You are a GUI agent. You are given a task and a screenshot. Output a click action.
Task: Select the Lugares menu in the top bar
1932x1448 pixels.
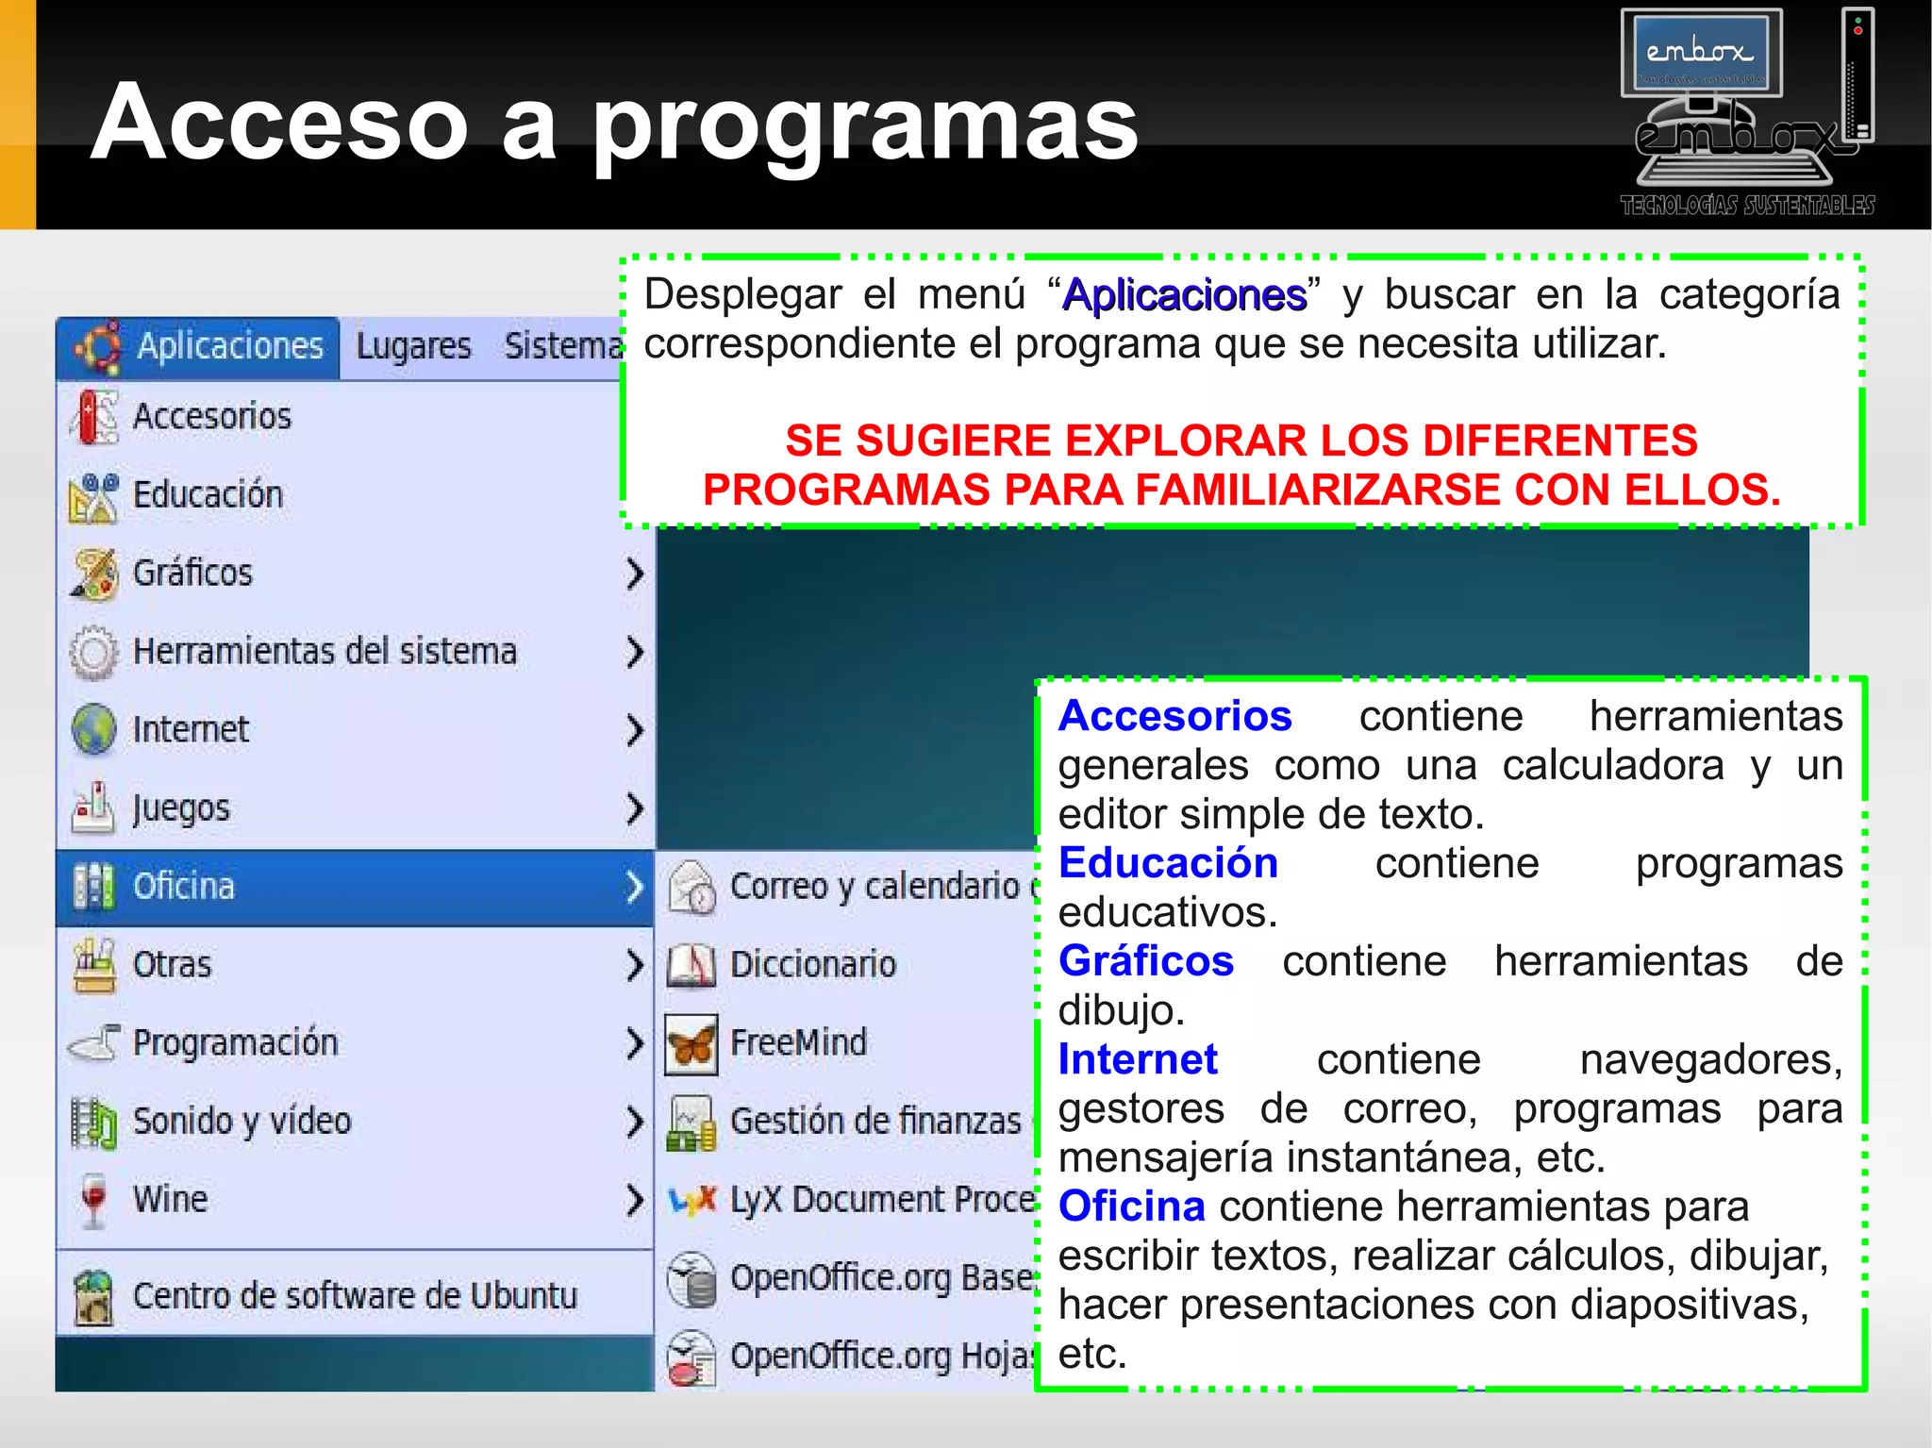point(413,346)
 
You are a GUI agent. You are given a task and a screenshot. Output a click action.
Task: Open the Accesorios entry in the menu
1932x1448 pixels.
point(212,416)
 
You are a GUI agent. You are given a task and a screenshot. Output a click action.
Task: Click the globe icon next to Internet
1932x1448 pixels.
point(93,729)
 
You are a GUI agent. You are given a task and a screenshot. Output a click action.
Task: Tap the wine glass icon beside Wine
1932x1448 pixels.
point(93,1199)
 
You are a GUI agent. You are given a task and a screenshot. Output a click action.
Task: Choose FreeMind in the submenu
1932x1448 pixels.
point(798,1042)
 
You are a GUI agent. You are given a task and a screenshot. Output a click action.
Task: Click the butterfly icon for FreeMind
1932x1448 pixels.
point(691,1044)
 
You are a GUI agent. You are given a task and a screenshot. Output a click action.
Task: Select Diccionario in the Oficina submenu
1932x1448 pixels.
point(812,964)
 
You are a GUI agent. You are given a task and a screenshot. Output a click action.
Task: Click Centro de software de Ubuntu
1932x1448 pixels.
point(354,1295)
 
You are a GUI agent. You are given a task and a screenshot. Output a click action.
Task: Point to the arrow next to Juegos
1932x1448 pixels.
point(635,807)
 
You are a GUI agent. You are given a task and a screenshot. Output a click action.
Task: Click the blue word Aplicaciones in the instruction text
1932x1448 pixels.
point(1185,295)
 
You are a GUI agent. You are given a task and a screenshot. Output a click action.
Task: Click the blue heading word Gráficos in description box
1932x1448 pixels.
point(1145,961)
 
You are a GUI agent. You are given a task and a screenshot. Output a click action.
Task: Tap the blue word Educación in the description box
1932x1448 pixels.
point(1168,863)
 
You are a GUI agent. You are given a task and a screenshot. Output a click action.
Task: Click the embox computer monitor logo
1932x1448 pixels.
point(1701,55)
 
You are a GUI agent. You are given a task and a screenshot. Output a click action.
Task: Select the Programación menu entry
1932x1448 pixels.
point(235,1042)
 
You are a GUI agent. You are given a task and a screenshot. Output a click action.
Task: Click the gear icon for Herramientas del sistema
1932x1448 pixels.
point(93,652)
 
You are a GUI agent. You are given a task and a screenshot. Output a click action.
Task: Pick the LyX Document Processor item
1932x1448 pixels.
point(882,1199)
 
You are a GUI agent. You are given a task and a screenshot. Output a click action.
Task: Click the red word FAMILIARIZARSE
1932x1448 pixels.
point(1320,490)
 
